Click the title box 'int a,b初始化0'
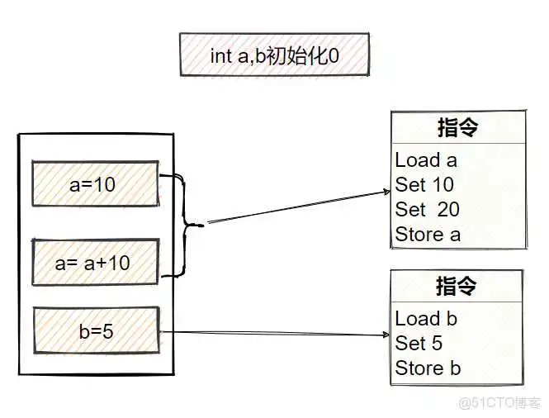click(x=275, y=56)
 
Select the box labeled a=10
click(x=94, y=184)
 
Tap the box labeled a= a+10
click(x=94, y=263)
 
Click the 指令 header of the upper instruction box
click(x=457, y=128)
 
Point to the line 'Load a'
click(x=426, y=160)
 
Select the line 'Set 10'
click(x=424, y=185)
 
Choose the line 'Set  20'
click(x=427, y=210)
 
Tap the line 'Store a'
click(x=428, y=235)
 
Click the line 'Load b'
click(x=426, y=319)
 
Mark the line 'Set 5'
click(x=419, y=344)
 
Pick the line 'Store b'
click(x=428, y=368)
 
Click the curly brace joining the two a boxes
click(x=188, y=224)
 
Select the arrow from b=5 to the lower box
click(x=272, y=334)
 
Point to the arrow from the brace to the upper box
click(x=297, y=207)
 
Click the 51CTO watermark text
click(x=500, y=403)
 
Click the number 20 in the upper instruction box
click(x=448, y=210)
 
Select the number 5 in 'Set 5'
click(x=437, y=344)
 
